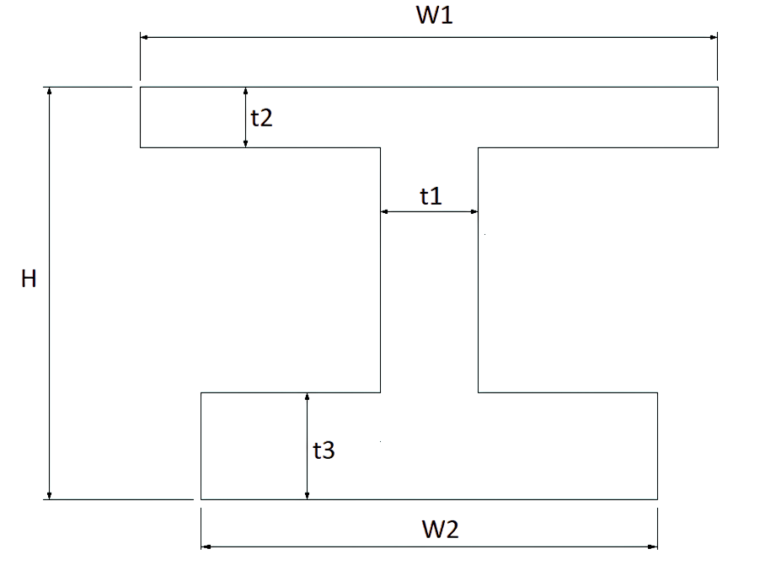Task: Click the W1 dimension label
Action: (434, 14)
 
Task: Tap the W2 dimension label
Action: (440, 529)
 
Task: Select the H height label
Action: (29, 279)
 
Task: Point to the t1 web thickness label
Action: (431, 196)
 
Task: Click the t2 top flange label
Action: (261, 118)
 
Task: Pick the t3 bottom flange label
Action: (324, 450)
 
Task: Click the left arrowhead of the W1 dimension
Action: (144, 37)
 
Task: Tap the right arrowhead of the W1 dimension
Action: (714, 37)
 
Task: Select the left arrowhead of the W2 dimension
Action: (206, 547)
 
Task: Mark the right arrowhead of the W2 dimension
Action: (653, 547)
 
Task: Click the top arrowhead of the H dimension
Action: (49, 91)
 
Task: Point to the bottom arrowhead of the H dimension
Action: (49, 495)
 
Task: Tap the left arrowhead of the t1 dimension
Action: (385, 211)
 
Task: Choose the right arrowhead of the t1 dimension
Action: (474, 211)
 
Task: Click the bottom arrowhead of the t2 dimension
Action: (246, 143)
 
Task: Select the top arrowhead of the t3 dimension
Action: (307, 397)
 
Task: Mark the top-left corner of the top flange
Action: (141, 88)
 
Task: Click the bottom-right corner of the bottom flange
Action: (658, 499)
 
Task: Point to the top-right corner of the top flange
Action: (718, 88)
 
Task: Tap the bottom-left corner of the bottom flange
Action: (201, 499)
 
